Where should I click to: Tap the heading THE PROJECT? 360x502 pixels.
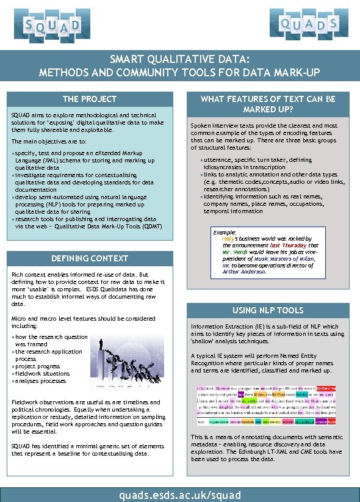point(90,99)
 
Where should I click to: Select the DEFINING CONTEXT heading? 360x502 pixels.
point(90,258)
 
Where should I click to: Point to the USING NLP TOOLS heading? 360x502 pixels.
point(268,310)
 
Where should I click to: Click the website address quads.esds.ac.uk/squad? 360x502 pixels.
point(180,495)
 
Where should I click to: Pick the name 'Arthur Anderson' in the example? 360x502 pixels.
point(243,272)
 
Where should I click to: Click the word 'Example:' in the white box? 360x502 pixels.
point(223,233)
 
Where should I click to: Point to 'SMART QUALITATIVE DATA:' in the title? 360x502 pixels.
point(179,59)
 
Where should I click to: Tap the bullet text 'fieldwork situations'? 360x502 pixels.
point(42,374)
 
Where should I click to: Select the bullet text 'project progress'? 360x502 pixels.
point(38,366)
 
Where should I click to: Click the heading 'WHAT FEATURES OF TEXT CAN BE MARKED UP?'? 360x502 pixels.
point(268,104)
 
